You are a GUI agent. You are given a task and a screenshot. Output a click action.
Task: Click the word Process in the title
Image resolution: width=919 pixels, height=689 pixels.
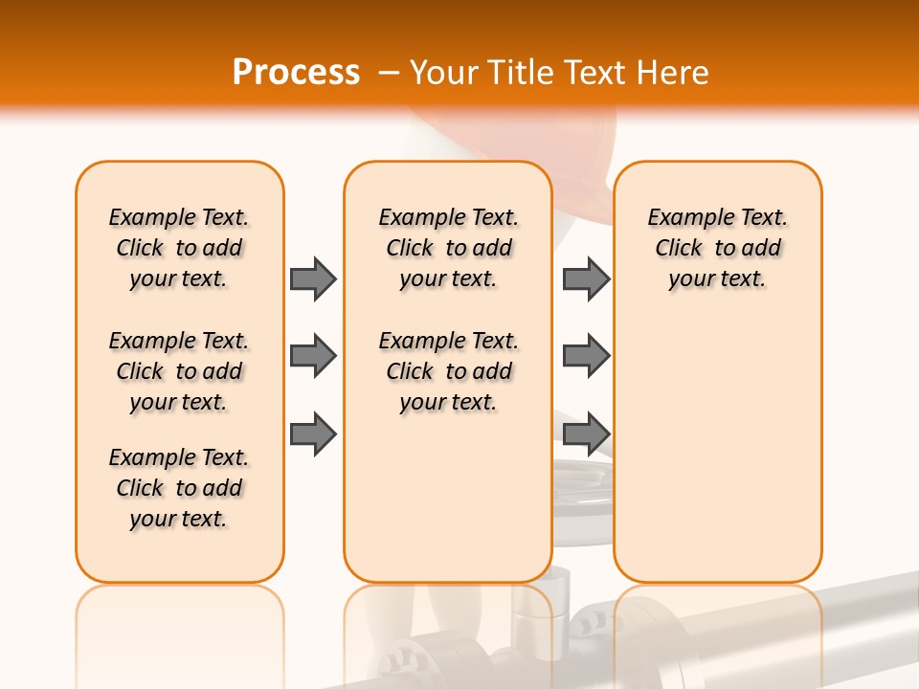pos(296,72)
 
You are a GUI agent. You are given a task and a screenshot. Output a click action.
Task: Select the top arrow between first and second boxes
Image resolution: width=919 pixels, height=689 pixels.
pos(313,278)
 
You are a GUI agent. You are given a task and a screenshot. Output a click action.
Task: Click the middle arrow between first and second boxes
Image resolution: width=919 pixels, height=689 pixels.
pos(313,356)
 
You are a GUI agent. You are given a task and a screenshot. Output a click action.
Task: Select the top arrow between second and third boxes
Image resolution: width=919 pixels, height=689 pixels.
pos(586,278)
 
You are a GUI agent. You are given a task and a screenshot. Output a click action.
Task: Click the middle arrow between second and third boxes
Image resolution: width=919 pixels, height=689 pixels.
pos(586,356)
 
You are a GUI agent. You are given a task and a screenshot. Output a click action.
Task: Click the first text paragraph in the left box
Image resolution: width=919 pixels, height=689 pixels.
pos(179,248)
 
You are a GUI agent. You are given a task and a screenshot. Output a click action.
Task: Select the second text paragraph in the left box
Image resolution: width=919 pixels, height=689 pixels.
pos(179,371)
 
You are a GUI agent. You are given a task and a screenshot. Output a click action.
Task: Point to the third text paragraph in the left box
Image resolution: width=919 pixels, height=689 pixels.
pos(179,488)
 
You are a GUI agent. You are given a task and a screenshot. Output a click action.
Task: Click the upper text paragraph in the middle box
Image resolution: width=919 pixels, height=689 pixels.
pos(448,248)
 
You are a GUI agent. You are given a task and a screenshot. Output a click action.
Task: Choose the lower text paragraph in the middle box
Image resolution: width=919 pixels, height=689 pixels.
pos(448,371)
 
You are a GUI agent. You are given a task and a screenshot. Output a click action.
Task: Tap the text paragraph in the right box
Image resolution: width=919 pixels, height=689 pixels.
pos(717,248)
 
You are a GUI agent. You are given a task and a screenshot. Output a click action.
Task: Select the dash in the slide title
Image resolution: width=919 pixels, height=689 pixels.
pos(390,72)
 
